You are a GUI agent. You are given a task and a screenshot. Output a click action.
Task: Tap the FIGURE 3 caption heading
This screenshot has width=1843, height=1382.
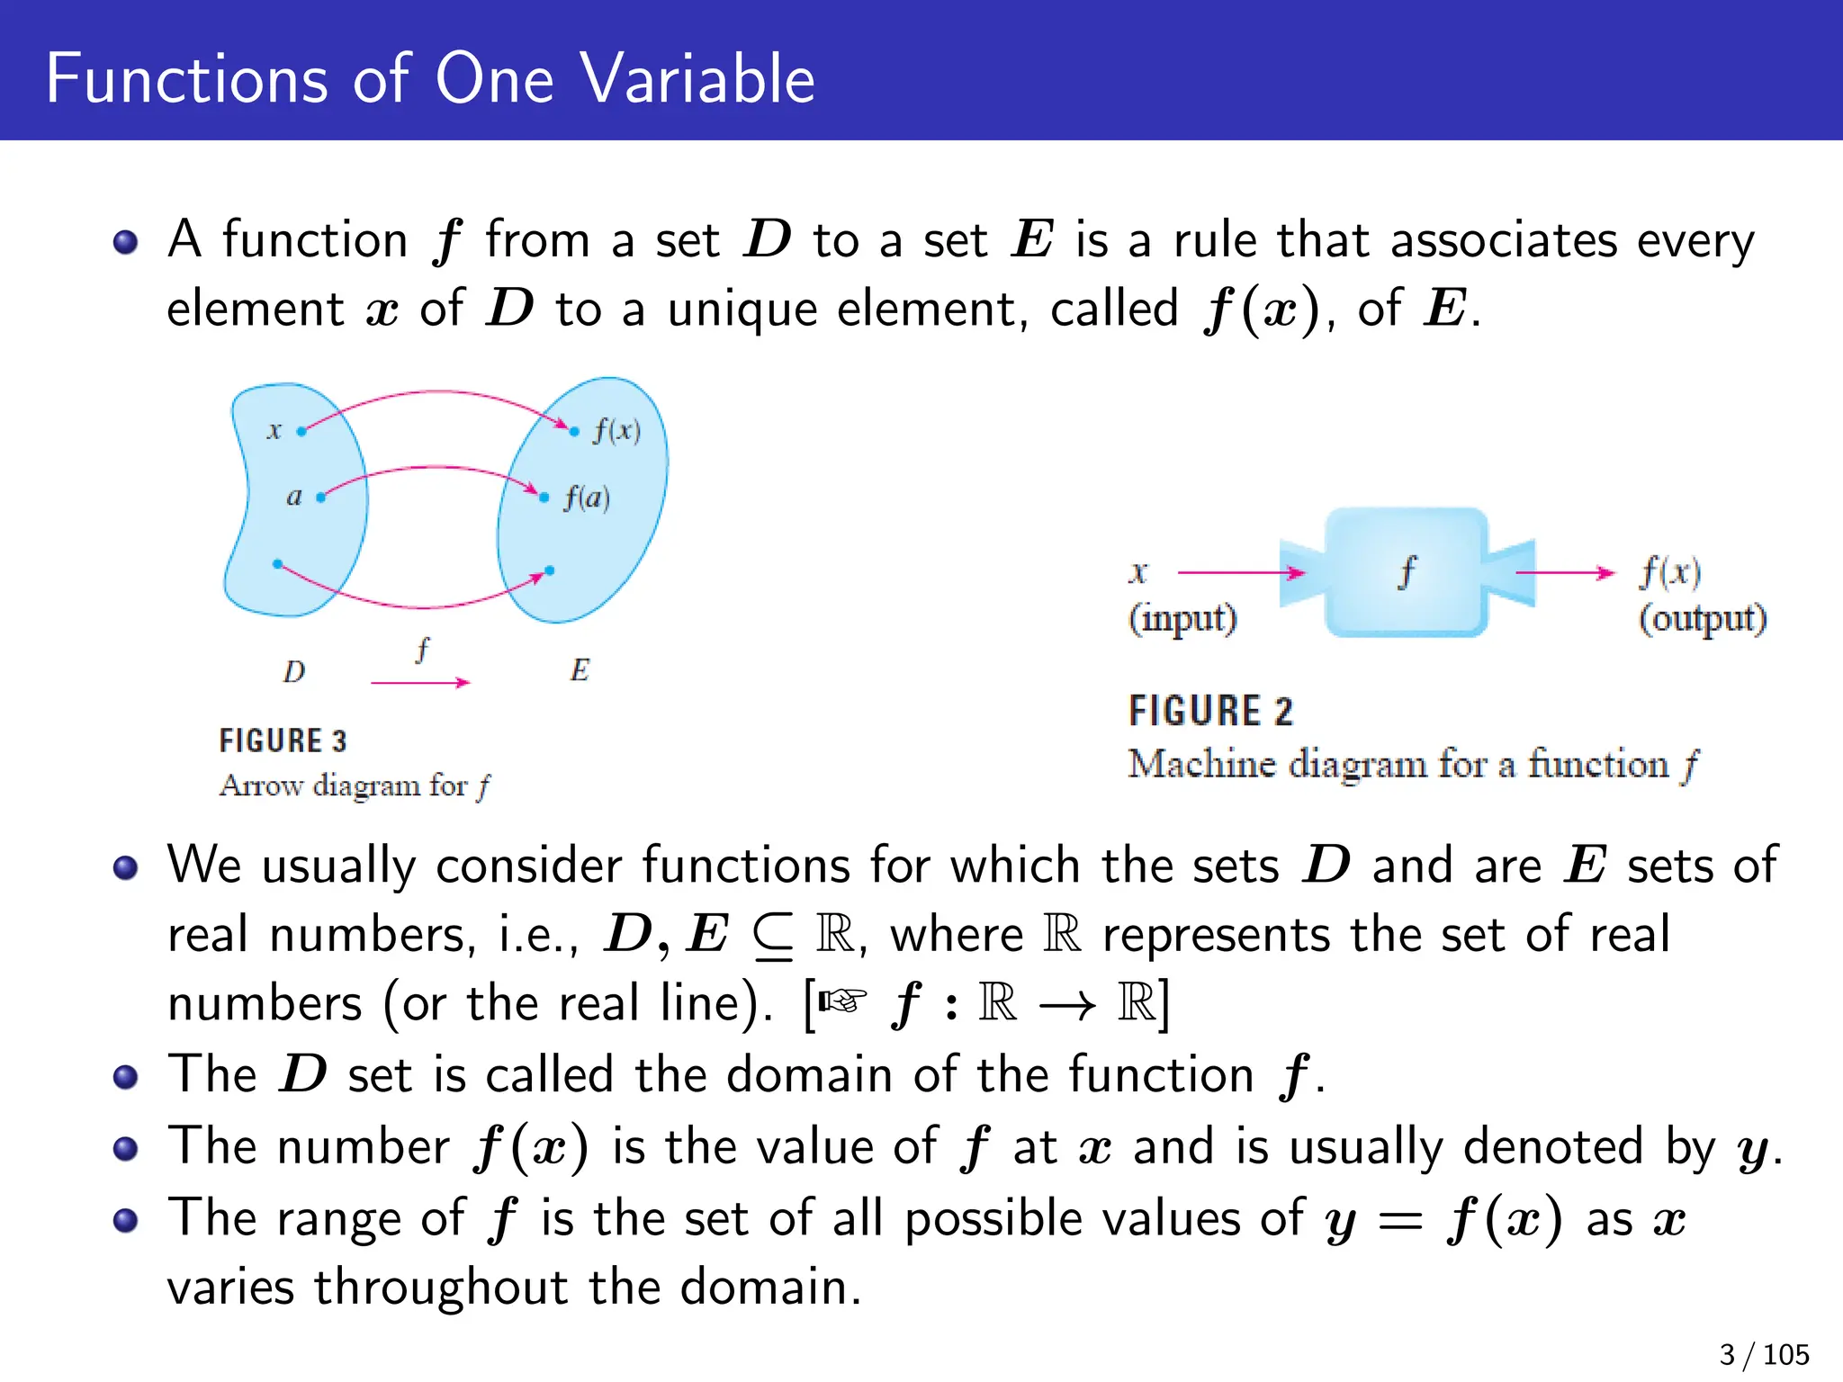click(x=283, y=740)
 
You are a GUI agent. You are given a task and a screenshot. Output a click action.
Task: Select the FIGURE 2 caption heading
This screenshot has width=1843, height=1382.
click(x=1210, y=711)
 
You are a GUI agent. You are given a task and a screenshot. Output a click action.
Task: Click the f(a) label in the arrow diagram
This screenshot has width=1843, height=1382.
click(x=587, y=498)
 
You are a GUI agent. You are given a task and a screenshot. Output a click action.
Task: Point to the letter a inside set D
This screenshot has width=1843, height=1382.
click(x=294, y=496)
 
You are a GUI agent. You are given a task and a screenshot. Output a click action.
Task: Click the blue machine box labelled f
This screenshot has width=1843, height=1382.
click(x=1406, y=572)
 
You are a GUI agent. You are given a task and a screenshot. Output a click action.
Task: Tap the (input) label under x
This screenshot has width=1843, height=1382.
click(x=1183, y=619)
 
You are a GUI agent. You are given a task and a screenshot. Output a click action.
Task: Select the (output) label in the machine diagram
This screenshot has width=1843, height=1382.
click(x=1702, y=619)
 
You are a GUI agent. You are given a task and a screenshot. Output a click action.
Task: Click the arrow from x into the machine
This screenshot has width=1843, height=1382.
click(x=1240, y=572)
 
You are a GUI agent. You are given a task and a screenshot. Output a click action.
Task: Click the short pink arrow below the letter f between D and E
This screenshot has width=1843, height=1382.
click(x=420, y=683)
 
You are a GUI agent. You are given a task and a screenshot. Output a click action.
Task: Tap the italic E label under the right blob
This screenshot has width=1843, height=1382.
click(x=580, y=670)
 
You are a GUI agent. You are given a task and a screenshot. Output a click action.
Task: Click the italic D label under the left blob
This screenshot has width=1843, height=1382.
click(x=294, y=671)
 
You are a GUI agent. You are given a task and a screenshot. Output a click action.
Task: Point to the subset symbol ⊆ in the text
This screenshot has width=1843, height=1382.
click(x=773, y=937)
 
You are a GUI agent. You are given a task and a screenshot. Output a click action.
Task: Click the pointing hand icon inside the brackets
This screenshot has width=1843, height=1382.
click(x=842, y=1001)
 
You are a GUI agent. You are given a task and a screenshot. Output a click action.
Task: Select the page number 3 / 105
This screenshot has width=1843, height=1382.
click(x=1763, y=1354)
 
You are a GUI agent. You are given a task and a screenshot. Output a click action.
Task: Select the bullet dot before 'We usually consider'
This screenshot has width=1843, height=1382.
click(x=126, y=867)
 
